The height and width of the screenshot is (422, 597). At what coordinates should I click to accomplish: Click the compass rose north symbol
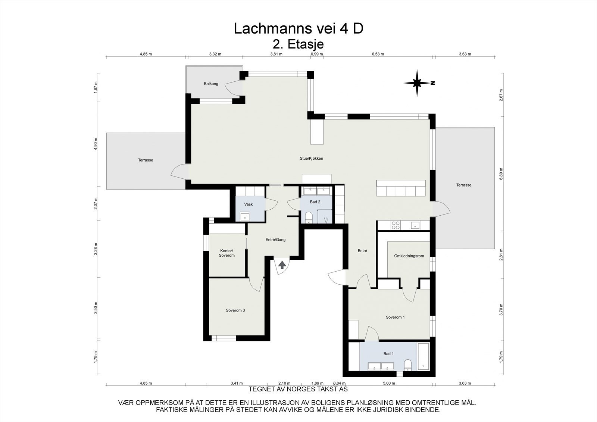[x=418, y=83]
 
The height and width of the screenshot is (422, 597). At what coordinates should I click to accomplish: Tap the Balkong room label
[x=211, y=84]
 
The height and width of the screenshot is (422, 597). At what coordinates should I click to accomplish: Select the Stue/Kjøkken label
[x=311, y=158]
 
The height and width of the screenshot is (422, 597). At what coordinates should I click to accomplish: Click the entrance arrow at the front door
[x=282, y=265]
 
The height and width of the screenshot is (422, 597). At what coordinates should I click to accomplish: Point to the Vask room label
[x=248, y=204]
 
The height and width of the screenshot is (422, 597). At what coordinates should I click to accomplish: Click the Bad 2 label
[x=315, y=202]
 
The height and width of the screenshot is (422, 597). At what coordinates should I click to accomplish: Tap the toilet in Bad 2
[x=309, y=217]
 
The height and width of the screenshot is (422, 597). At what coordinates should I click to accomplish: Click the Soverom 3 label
[x=235, y=310]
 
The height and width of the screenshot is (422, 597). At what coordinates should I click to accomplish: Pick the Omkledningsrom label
[x=409, y=256]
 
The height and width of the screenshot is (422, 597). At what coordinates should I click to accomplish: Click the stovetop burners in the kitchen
[x=396, y=225]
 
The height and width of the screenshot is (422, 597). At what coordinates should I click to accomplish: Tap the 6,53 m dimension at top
[x=378, y=54]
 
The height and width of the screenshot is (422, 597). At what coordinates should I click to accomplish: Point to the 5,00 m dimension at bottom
[x=389, y=383]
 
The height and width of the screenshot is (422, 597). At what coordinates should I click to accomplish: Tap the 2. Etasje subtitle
[x=298, y=44]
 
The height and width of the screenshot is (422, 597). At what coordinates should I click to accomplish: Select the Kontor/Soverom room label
[x=227, y=253]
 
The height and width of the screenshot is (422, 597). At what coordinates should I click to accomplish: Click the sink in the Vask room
[x=245, y=216]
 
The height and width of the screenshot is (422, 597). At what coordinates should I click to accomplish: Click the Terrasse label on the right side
[x=463, y=185]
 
